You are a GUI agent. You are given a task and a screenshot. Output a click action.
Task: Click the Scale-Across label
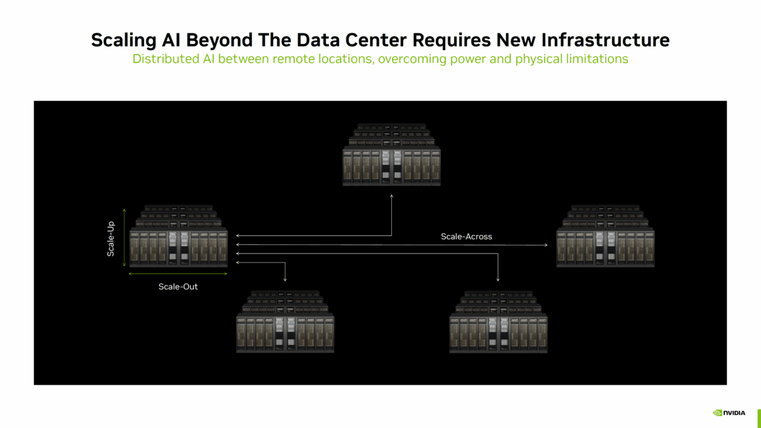tap(466, 237)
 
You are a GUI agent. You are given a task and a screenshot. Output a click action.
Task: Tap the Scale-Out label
tap(178, 287)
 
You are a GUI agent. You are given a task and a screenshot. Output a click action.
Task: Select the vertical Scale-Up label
tap(111, 238)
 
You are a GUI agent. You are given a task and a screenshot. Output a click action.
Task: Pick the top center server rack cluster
tap(391, 155)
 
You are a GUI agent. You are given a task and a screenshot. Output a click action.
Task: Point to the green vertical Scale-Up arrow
tap(124, 238)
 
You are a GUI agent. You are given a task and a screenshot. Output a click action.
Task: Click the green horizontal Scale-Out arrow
tap(178, 274)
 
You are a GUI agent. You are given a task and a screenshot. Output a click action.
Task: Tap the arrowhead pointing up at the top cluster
tap(391, 196)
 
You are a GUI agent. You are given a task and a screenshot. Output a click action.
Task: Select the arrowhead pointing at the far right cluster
tap(547, 244)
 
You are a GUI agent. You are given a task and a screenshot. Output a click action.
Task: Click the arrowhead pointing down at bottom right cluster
tap(498, 280)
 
